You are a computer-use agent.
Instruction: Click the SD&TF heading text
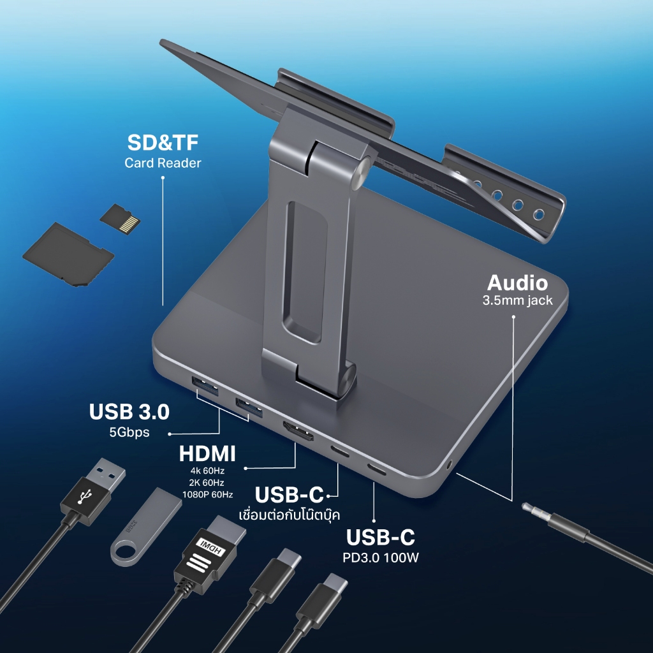tap(163, 142)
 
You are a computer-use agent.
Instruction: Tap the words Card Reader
tap(163, 163)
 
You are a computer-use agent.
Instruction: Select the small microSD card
tap(120, 219)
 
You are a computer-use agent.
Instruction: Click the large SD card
tap(68, 254)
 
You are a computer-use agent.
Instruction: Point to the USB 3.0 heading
tap(129, 411)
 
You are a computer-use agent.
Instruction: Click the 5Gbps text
tap(129, 432)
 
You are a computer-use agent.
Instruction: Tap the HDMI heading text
tap(207, 453)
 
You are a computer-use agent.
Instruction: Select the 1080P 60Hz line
tap(207, 495)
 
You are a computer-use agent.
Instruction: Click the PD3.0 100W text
tap(381, 557)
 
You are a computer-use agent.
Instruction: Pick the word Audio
tap(517, 283)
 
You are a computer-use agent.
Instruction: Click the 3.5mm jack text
tap(517, 301)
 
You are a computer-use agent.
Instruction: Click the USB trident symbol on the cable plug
tap(85, 495)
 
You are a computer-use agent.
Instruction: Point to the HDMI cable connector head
tap(209, 549)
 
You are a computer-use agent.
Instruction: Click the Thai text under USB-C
tap(290, 515)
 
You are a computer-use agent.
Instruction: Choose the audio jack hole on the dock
tap(449, 464)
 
